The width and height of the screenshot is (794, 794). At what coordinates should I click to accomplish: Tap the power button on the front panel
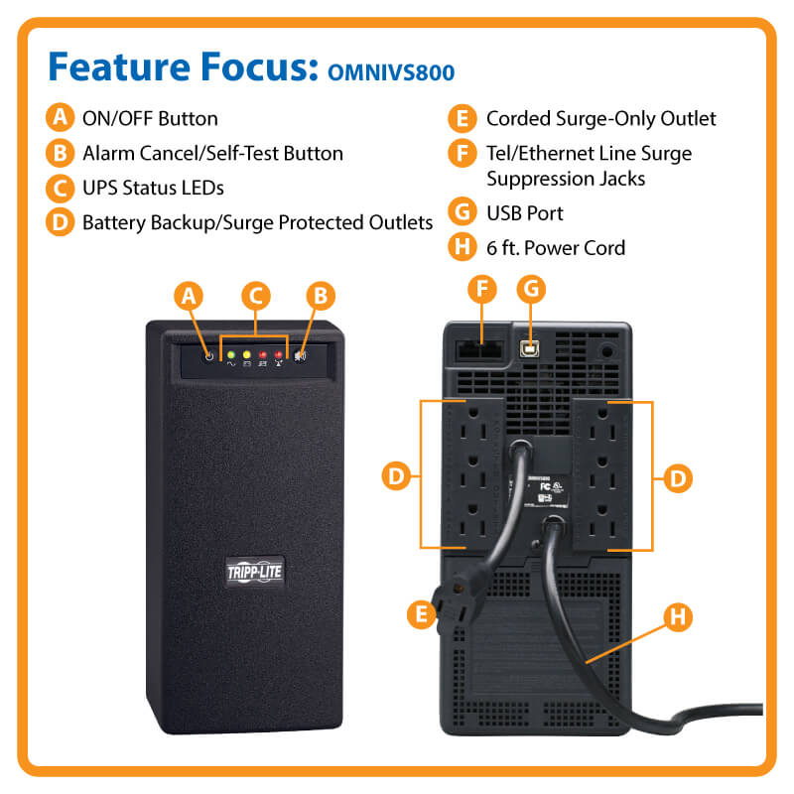point(209,356)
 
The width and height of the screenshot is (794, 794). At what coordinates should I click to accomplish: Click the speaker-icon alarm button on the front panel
point(300,356)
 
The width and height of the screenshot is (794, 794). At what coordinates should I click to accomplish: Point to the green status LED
point(231,354)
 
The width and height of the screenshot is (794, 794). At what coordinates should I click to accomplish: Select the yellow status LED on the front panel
point(246,354)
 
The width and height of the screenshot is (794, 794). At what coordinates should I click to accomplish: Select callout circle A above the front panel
point(190,295)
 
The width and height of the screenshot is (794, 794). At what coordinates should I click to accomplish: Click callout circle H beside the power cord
point(677,617)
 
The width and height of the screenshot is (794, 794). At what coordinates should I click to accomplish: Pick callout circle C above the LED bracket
point(255,295)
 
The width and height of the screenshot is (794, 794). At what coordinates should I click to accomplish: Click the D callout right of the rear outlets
point(677,476)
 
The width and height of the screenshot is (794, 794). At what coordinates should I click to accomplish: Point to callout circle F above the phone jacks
point(482,289)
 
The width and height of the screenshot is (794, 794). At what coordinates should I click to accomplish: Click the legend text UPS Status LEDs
point(154,187)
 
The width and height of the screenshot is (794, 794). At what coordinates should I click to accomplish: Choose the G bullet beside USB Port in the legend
point(461,212)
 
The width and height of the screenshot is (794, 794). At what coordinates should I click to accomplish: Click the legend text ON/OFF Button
point(150,119)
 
